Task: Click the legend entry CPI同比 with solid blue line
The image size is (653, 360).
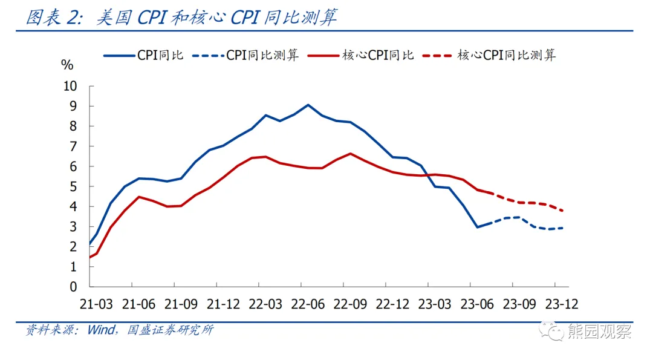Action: [x=145, y=55]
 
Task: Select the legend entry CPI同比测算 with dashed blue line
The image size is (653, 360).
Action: [x=245, y=55]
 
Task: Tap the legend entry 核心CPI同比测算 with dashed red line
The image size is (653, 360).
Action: [x=490, y=55]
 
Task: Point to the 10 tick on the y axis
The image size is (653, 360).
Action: [x=71, y=86]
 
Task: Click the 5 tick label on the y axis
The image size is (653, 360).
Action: [x=74, y=186]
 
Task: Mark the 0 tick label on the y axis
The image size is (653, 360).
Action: [x=74, y=287]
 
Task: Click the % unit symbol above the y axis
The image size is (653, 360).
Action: [x=67, y=65]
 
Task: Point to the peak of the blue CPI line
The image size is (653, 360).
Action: [x=308, y=105]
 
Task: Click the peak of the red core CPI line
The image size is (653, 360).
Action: [x=351, y=153]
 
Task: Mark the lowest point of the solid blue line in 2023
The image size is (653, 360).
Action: [x=477, y=227]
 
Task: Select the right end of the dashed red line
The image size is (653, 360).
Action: [x=564, y=211]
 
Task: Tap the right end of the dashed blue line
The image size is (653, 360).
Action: [x=564, y=228]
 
